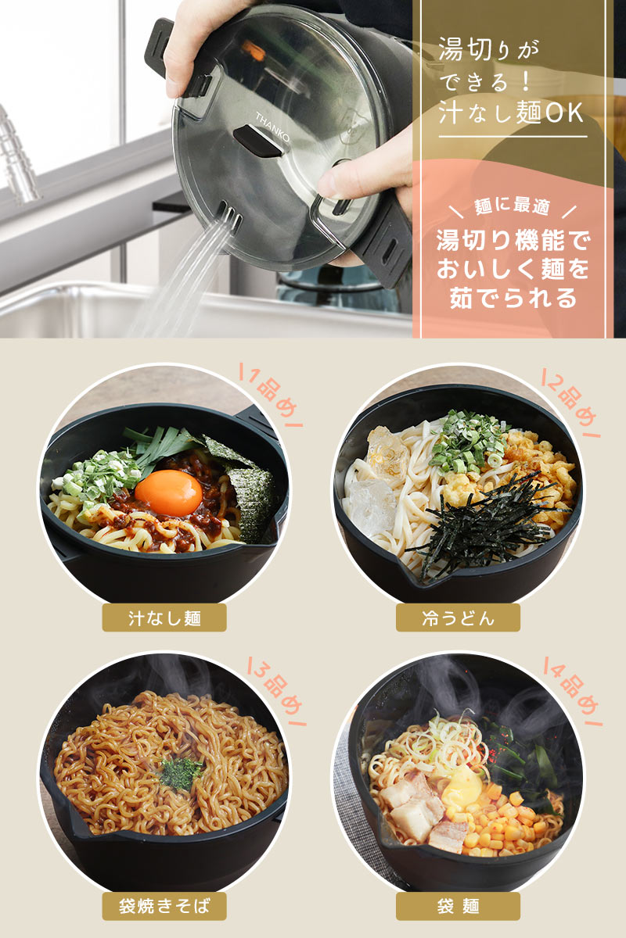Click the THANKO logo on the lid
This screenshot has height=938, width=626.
coord(272,127)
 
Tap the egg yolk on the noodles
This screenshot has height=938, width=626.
coord(168,493)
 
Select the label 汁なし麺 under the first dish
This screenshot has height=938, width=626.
coord(164,618)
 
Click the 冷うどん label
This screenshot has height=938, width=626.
coord(458,618)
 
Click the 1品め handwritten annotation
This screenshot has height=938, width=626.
coord(272,395)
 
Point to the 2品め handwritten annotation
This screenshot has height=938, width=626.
coord(570,403)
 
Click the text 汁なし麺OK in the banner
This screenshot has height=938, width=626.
coord(511,113)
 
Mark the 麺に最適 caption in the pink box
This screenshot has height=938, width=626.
coord(512,206)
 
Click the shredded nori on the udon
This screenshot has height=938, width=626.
coord(487,524)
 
